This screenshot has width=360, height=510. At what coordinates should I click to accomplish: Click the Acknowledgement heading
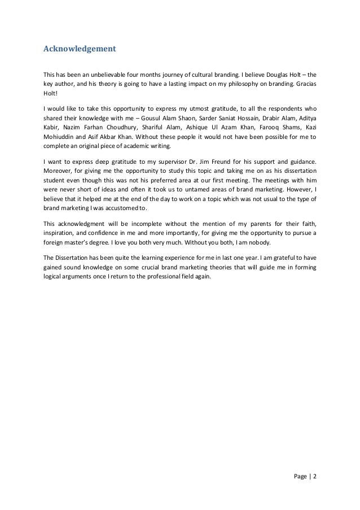click(x=80, y=49)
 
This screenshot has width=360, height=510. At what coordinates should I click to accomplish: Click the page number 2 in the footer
click(x=315, y=476)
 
